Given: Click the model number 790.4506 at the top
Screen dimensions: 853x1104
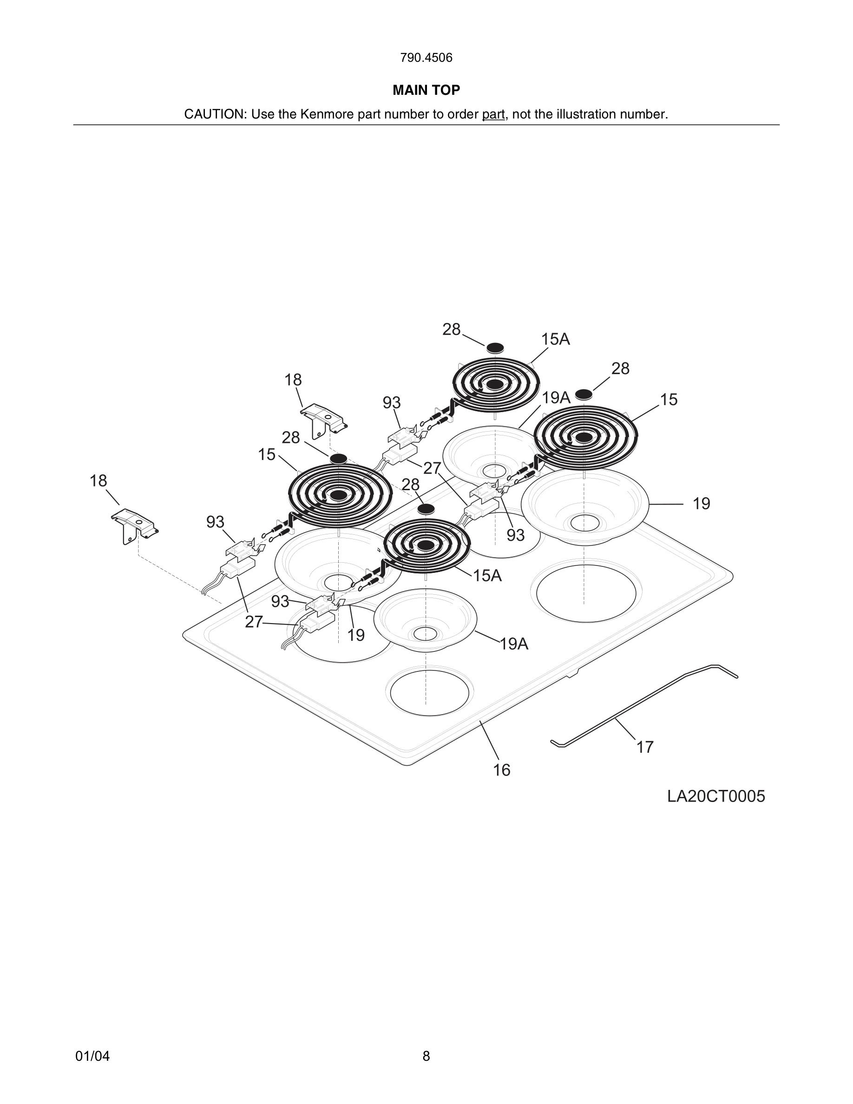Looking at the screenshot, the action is click(x=426, y=58).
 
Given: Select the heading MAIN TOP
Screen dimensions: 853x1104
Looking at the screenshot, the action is click(x=426, y=90).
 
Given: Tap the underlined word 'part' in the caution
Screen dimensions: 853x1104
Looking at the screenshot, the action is click(x=493, y=114).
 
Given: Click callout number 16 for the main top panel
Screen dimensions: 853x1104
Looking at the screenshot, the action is click(x=502, y=770).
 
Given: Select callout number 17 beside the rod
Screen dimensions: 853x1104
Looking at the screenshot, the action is click(x=645, y=747).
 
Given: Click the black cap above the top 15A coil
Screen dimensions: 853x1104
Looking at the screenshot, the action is click(x=495, y=347).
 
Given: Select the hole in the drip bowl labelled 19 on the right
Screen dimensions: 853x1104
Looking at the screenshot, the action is click(x=584, y=523).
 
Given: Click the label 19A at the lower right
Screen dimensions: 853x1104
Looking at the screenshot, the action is click(x=514, y=644).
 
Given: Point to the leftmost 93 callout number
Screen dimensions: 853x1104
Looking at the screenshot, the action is click(x=215, y=522).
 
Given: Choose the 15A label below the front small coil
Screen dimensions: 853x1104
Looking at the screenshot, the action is click(x=487, y=575).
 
